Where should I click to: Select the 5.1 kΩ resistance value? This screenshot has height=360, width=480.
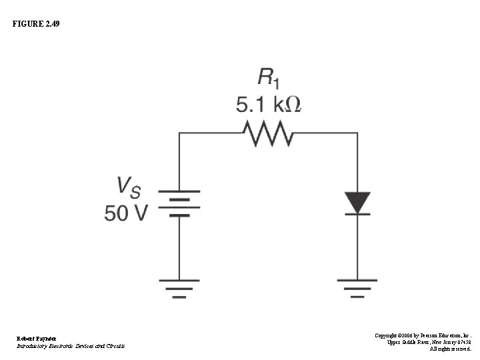268,105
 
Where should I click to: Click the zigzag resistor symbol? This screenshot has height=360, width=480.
268,134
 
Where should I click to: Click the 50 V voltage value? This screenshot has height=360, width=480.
126,213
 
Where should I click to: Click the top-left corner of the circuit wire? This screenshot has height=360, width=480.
179,134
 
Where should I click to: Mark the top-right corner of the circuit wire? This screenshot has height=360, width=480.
358,134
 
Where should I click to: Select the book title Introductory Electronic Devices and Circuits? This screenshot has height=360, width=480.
71,346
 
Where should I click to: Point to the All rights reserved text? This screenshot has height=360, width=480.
450,349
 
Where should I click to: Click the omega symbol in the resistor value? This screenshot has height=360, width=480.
291,105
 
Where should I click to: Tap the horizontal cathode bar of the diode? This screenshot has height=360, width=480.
358,213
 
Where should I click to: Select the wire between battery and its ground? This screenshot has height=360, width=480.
179,247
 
